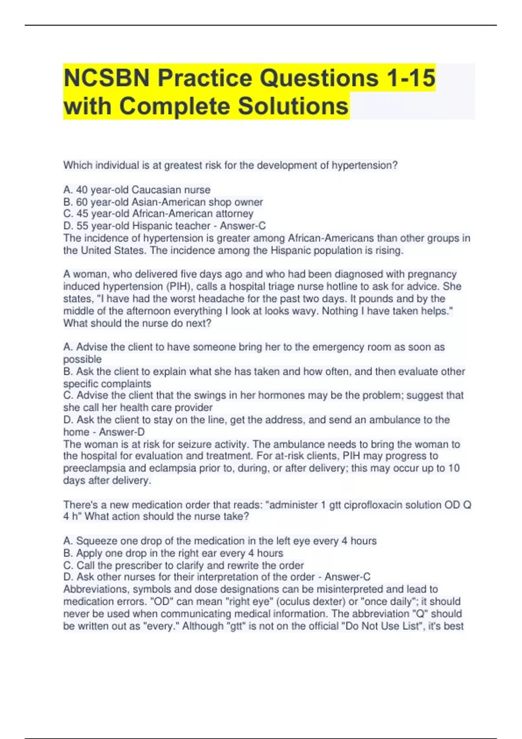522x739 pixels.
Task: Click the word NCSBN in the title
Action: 107,78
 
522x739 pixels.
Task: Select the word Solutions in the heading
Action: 293,107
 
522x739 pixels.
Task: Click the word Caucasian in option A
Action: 156,190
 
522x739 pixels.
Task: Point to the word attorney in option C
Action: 234,214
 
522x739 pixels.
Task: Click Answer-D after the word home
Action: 122,432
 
